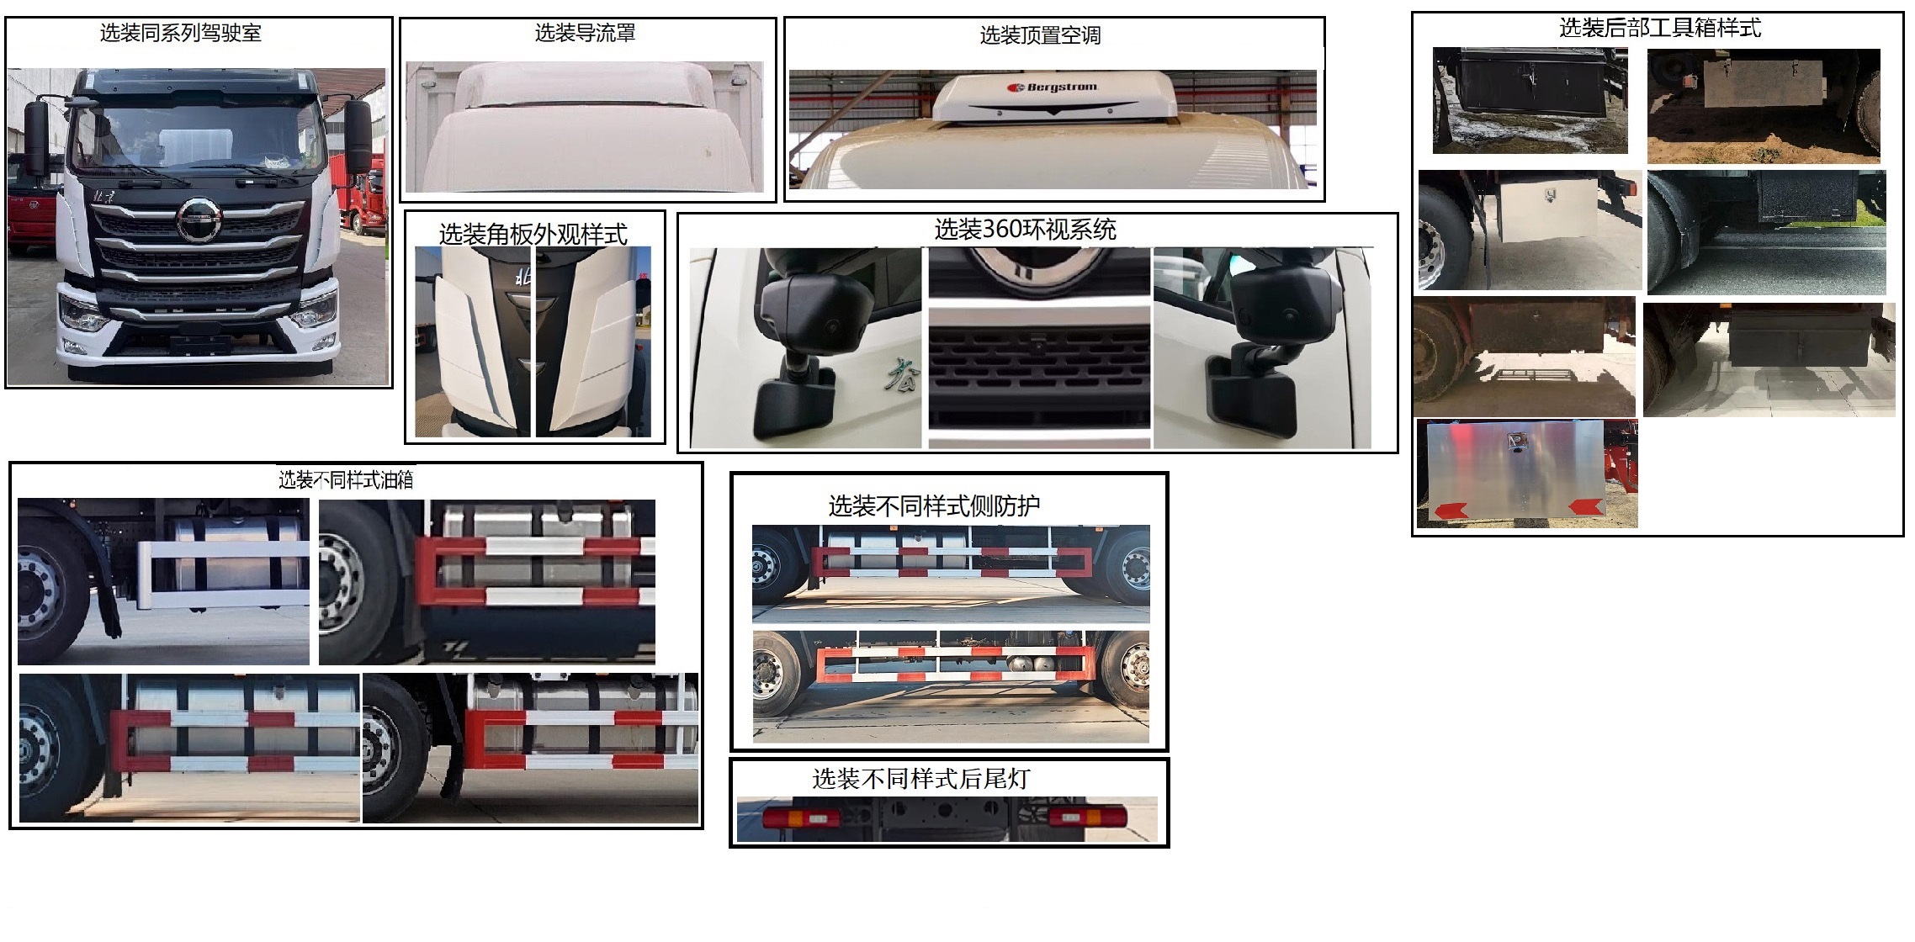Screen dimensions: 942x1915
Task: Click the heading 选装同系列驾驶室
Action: tap(180, 33)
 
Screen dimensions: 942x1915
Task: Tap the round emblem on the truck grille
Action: tap(199, 220)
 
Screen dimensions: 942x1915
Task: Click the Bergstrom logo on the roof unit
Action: tap(1052, 87)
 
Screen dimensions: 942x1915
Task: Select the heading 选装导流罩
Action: tap(585, 33)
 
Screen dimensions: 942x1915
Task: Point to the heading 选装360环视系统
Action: tap(1025, 230)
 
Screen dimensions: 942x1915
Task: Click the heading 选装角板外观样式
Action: tap(533, 234)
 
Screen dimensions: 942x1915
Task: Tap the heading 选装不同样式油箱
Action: tap(346, 479)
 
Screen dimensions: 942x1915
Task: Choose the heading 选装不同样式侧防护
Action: tap(934, 505)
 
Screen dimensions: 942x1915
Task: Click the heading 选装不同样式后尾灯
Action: tap(920, 779)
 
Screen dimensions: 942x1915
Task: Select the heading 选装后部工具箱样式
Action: tap(1659, 28)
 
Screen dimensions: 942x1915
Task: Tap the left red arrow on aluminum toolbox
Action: tap(1451, 510)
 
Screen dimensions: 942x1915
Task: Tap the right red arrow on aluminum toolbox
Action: tap(1584, 506)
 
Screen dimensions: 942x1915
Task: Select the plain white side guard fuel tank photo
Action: tap(163, 580)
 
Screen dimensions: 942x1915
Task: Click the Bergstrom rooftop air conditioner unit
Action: tap(1052, 97)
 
